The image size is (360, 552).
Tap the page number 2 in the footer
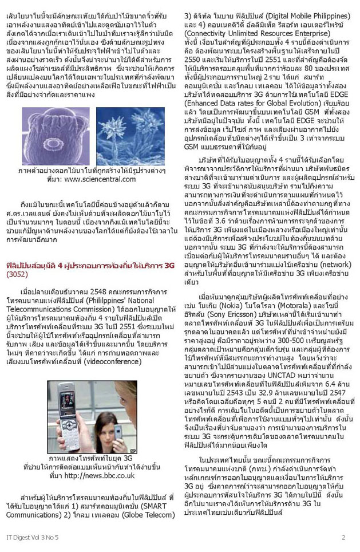pyautogui.click(x=343, y=537)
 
